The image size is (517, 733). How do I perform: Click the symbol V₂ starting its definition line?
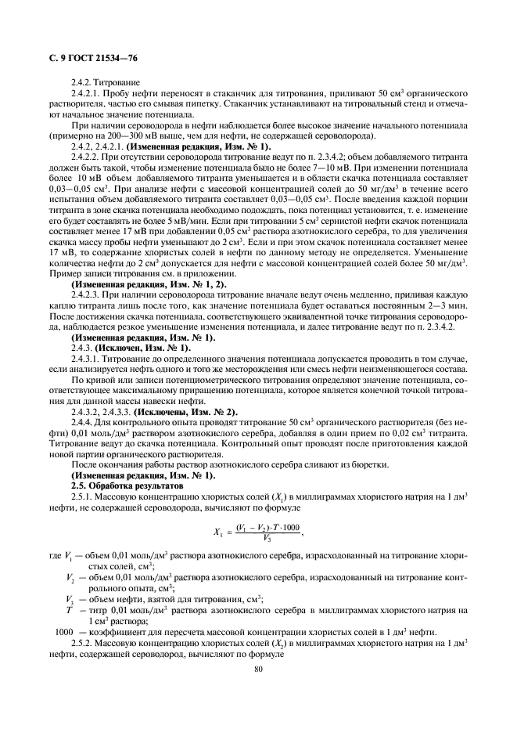[x=70, y=577]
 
